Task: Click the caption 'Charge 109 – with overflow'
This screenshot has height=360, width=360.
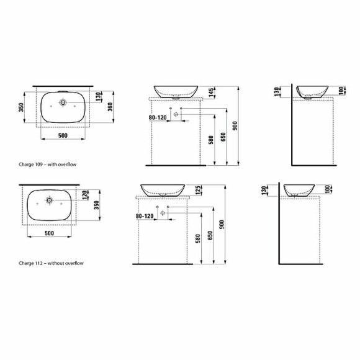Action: pos(47,165)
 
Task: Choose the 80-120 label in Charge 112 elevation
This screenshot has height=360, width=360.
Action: pos(144,216)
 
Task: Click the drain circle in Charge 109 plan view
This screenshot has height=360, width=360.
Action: pos(63,102)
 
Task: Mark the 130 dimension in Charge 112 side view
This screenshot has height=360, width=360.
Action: pos(264,189)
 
